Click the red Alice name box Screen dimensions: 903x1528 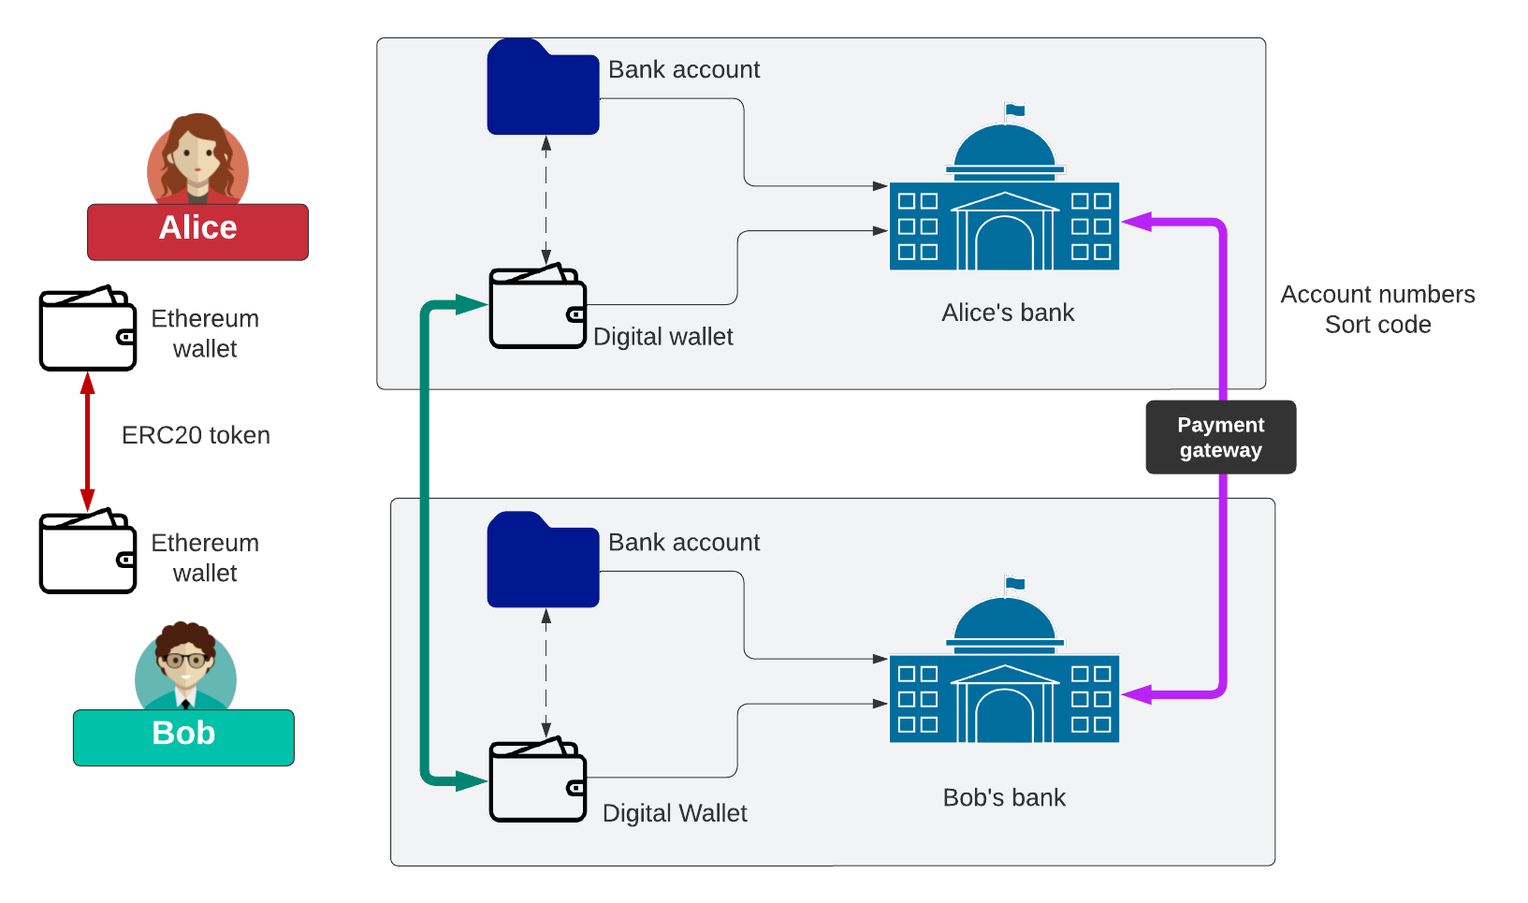click(x=197, y=231)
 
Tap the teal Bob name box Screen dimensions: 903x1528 click(x=183, y=737)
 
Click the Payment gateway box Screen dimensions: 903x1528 click(x=1220, y=437)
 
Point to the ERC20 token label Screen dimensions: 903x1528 click(x=196, y=435)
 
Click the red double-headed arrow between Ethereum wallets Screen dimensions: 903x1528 click(x=88, y=440)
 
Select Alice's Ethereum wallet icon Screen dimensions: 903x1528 click(x=88, y=328)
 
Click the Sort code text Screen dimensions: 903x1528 click(x=1377, y=325)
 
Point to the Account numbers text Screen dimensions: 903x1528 click(x=1377, y=295)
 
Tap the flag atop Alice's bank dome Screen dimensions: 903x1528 click(x=1014, y=110)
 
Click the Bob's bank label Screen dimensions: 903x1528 click(x=1004, y=797)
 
